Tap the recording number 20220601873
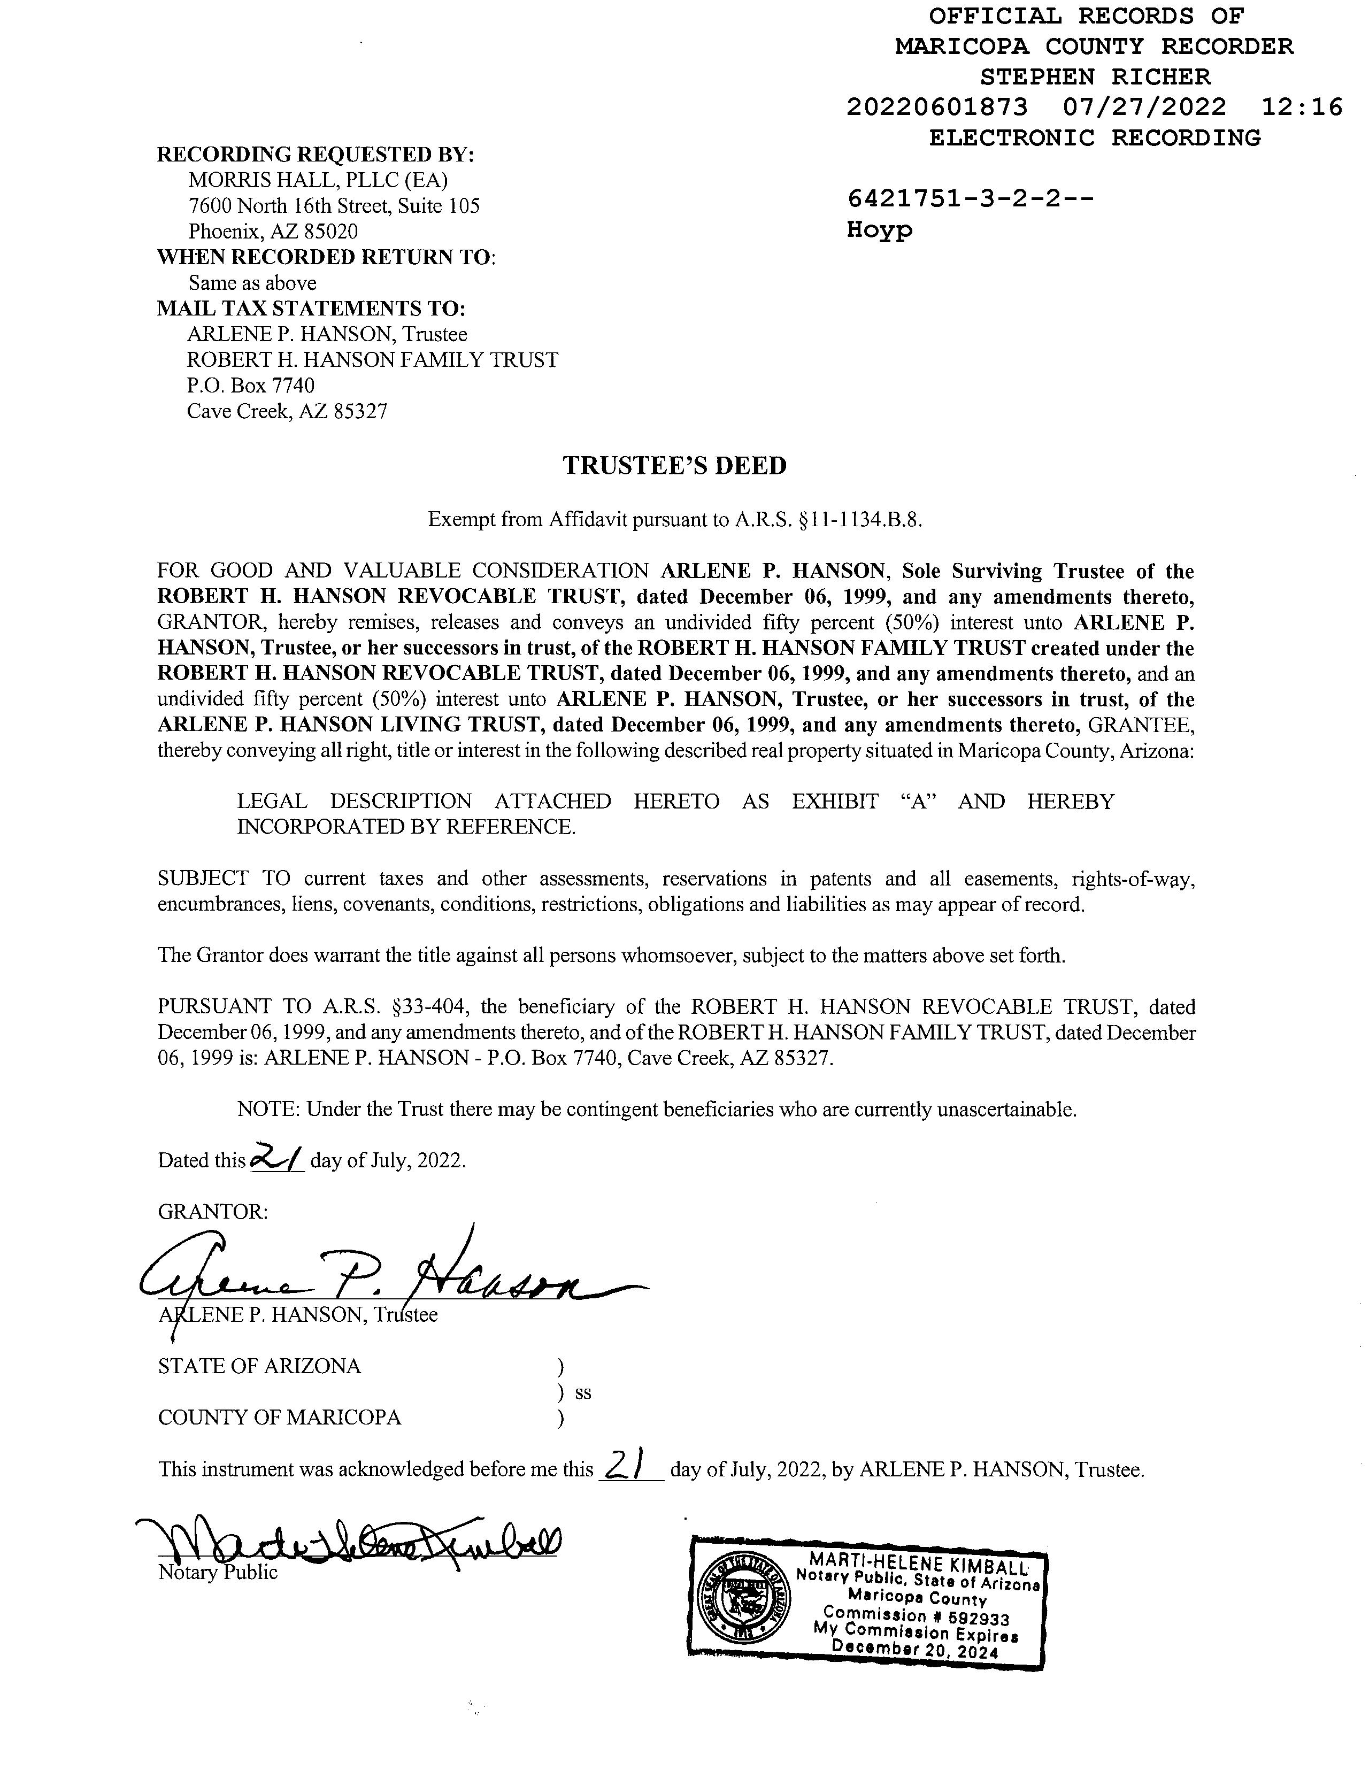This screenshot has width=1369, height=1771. click(x=937, y=107)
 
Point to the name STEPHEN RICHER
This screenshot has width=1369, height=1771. click(x=1095, y=77)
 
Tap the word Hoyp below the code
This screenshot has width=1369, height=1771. click(x=879, y=229)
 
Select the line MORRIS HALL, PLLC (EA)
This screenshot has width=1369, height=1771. click(x=318, y=180)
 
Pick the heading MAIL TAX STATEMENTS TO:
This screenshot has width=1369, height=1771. click(x=311, y=309)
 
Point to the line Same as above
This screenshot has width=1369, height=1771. click(x=252, y=283)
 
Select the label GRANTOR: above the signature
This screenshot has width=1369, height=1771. click(x=212, y=1212)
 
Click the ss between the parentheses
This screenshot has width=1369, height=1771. click(x=582, y=1393)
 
